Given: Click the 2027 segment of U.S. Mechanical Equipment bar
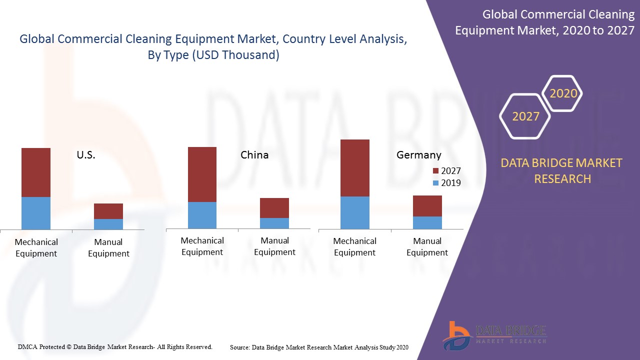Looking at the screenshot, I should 36,172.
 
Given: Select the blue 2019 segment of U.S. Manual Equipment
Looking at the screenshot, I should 108,224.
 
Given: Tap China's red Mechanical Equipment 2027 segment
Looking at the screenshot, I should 202,174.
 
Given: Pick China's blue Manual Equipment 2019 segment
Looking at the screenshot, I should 274,223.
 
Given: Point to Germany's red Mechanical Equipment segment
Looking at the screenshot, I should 355,168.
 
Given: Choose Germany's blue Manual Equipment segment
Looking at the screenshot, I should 427,222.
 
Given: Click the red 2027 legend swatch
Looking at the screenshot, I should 435,171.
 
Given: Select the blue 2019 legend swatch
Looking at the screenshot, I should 435,183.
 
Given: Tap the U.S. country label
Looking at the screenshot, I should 86,155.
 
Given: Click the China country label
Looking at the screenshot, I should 254,155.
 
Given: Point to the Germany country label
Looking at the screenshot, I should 419,155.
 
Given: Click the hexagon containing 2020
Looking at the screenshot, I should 563,93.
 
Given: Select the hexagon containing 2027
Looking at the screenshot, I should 525,116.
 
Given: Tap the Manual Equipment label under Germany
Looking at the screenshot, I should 427,247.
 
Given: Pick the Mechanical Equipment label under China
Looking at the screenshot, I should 202,246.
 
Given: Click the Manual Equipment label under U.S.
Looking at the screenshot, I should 108,248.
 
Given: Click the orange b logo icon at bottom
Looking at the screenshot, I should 456,335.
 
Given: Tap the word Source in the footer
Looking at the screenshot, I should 240,347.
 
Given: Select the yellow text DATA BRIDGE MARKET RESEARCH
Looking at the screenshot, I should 562,171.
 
